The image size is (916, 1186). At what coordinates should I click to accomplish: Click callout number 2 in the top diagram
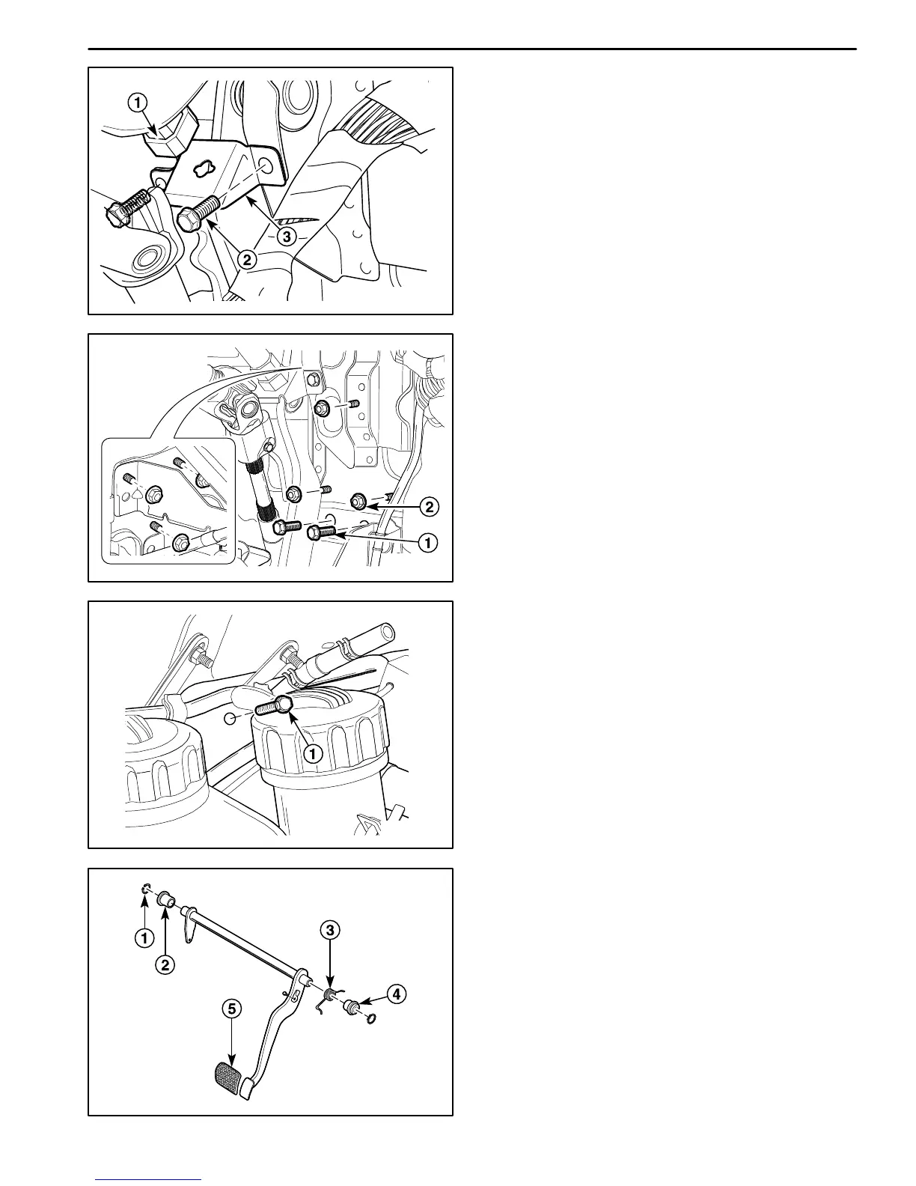pos(247,259)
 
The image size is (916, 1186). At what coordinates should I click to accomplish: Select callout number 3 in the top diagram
pos(286,237)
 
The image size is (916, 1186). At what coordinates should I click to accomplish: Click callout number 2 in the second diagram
pos(428,507)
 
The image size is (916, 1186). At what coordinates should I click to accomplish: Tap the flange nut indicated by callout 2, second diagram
pos(358,499)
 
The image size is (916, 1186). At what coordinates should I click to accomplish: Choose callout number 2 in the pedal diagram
pos(165,964)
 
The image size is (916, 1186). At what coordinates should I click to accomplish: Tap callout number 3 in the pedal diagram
pos(330,930)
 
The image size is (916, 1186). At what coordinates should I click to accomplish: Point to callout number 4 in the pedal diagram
pos(396,994)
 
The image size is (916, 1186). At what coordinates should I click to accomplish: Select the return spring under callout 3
pos(328,995)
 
